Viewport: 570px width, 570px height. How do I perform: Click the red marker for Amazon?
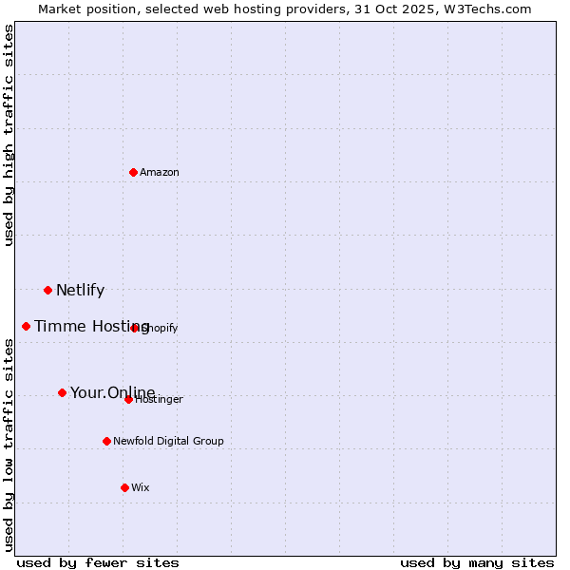[x=133, y=172]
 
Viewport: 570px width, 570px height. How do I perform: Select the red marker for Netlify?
[x=47, y=290]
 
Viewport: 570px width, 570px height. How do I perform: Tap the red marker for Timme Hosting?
[x=26, y=326]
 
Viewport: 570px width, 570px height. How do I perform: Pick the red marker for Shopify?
[x=135, y=328]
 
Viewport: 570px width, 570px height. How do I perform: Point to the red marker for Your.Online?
[x=62, y=392]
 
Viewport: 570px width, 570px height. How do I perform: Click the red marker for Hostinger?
[x=128, y=399]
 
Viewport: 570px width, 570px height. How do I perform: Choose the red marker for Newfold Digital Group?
[x=106, y=441]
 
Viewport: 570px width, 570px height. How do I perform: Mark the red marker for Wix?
[x=124, y=487]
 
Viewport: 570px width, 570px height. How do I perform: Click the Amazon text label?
[x=160, y=172]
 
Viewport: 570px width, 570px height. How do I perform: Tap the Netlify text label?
[x=80, y=291]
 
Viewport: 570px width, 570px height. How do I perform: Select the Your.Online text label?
[x=112, y=392]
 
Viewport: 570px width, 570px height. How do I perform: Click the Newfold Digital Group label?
[x=168, y=441]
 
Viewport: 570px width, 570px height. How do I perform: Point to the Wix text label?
[x=141, y=487]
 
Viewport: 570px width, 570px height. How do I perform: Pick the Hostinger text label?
[x=160, y=400]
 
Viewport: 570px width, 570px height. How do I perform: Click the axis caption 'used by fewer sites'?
[x=98, y=562]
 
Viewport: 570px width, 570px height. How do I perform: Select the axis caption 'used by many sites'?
[x=477, y=562]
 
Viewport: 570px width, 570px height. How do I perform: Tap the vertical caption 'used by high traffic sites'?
[x=9, y=135]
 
